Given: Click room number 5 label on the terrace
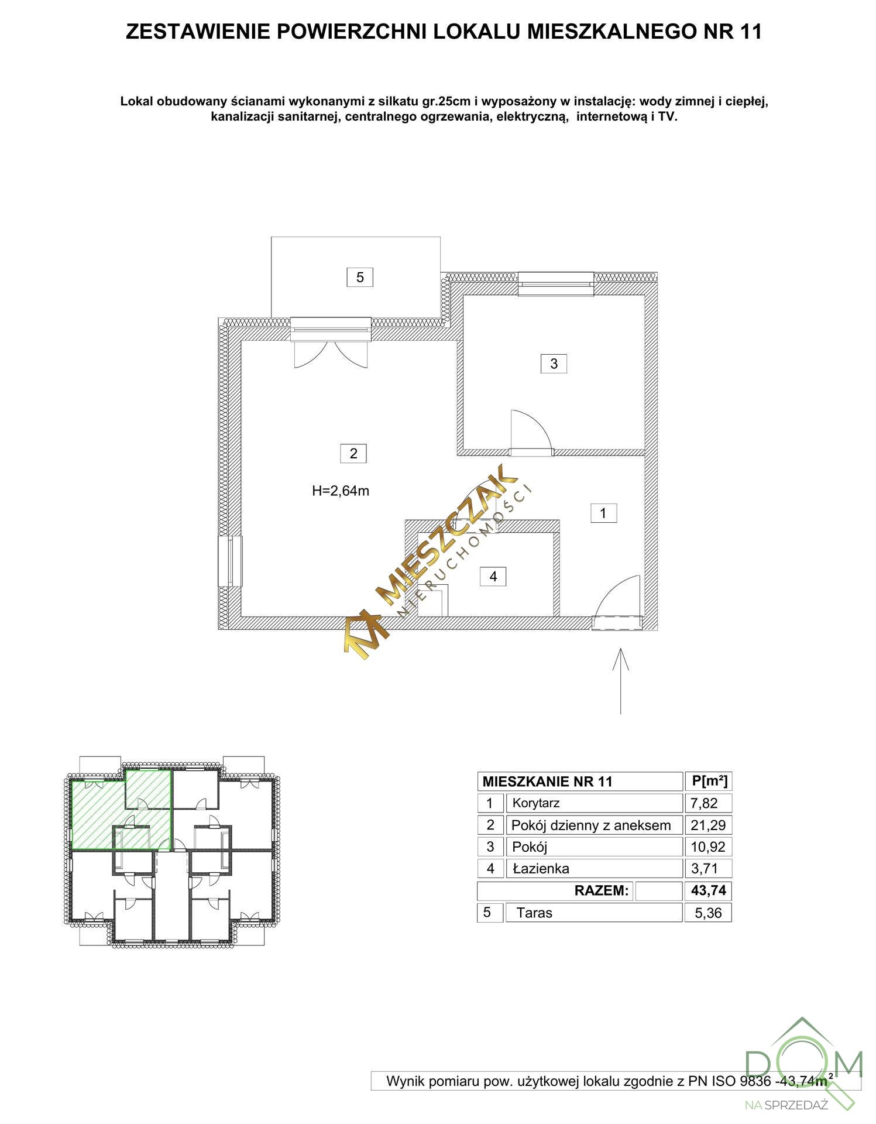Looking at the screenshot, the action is click(360, 277).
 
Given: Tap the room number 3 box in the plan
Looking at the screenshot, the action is click(554, 364).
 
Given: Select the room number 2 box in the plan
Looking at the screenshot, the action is click(353, 453).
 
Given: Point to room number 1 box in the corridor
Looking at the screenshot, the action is click(603, 513).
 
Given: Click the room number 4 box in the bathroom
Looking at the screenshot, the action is click(493, 577).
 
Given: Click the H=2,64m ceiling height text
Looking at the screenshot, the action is click(341, 491).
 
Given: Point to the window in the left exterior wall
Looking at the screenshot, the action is click(230, 561).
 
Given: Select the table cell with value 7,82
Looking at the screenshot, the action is click(708, 803).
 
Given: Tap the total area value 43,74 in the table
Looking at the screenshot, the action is click(708, 890).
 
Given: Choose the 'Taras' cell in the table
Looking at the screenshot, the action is click(594, 912).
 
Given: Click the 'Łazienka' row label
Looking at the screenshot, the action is click(541, 868).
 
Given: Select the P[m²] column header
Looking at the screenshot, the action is click(709, 781).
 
